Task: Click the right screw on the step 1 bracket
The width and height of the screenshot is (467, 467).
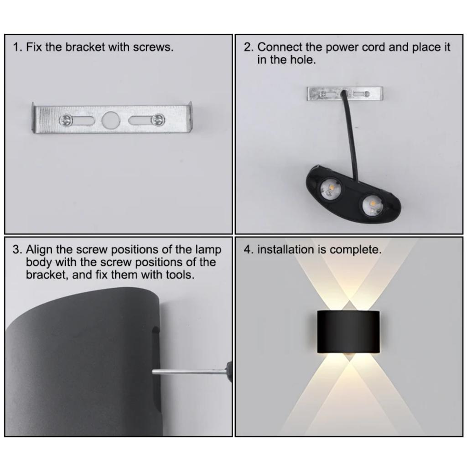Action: coord(158,120)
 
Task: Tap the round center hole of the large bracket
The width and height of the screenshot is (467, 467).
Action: coord(110,120)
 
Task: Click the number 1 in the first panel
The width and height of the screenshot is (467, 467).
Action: coord(16,47)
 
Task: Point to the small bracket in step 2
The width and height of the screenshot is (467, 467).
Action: coord(345,93)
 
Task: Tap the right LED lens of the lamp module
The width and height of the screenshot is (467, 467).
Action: coord(373,204)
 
